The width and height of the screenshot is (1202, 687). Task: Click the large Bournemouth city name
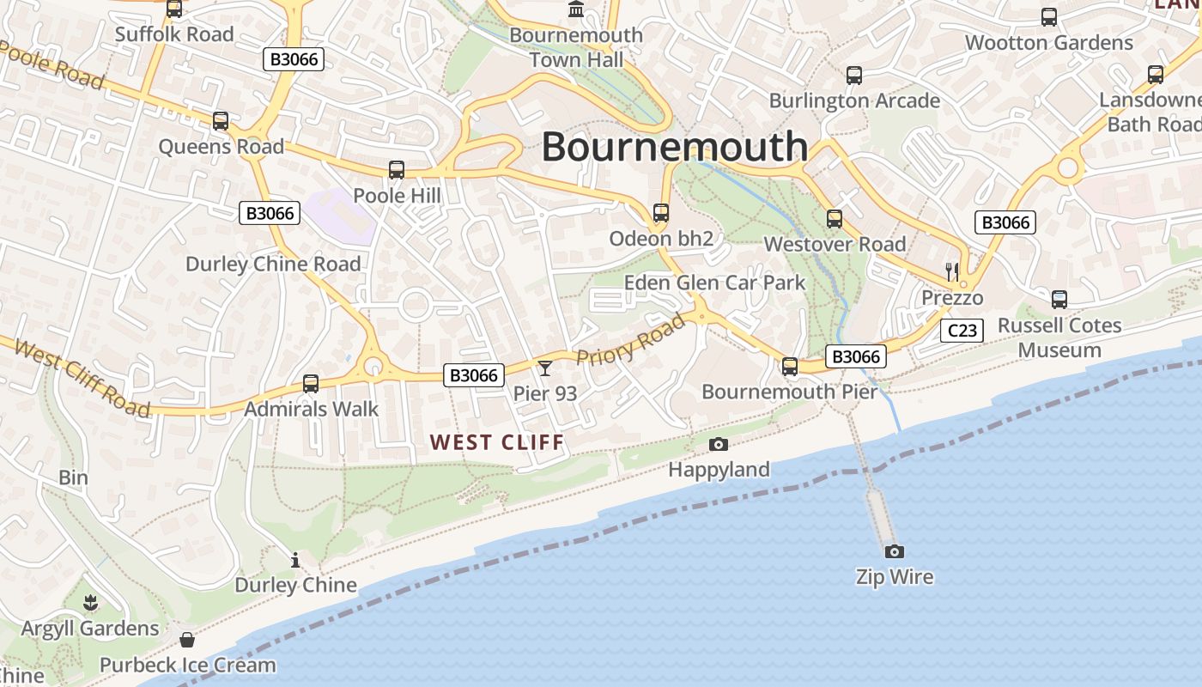click(674, 147)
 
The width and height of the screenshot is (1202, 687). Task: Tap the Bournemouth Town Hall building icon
click(576, 9)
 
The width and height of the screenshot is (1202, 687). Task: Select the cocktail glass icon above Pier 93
click(545, 368)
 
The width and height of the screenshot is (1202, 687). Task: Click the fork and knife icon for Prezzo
click(951, 272)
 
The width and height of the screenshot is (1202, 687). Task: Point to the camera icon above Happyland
click(719, 444)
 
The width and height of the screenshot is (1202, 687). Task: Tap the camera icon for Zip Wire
click(894, 551)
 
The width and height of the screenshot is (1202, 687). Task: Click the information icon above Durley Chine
click(295, 560)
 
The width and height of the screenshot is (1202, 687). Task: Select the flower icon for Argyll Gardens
click(90, 603)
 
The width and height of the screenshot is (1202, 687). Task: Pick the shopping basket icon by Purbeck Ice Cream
click(187, 640)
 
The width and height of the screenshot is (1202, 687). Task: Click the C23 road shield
click(961, 331)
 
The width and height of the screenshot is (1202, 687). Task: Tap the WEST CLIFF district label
click(497, 442)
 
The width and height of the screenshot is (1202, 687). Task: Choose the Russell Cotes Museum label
click(1059, 337)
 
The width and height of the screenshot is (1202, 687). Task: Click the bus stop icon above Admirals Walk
click(311, 384)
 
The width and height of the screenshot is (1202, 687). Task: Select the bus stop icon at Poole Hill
click(396, 170)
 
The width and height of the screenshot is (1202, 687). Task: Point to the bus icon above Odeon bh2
click(660, 212)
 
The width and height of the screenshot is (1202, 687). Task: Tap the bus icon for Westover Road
click(834, 219)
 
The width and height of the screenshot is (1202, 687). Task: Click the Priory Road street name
click(632, 340)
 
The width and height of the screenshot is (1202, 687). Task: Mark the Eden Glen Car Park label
click(714, 283)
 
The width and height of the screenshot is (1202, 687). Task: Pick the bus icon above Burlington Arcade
click(853, 76)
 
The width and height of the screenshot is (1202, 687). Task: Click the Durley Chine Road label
click(273, 264)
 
